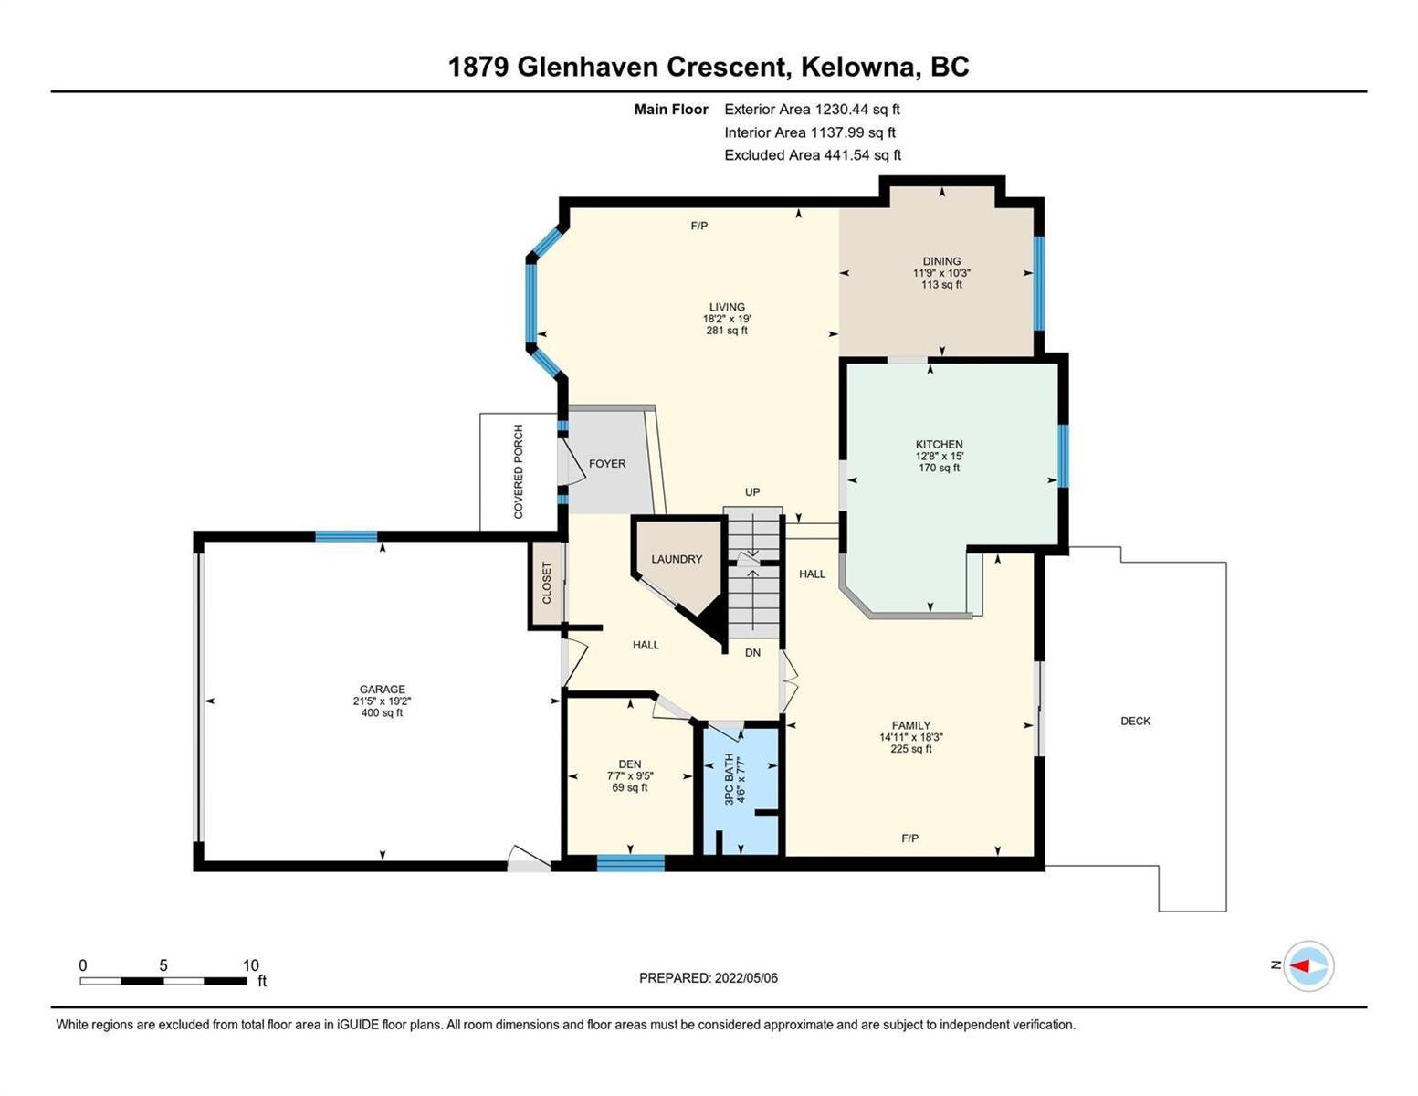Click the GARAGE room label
tap(382, 690)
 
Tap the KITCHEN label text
tap(939, 445)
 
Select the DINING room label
tap(941, 261)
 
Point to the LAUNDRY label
tap(677, 560)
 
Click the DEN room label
tap(630, 764)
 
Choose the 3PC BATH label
tap(730, 779)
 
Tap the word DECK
tap(1136, 722)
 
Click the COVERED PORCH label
tap(519, 472)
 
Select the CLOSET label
tap(547, 583)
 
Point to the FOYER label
tap(607, 464)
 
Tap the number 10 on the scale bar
tap(250, 965)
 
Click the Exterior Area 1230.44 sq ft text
tap(812, 110)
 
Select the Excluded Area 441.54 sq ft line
tap(813, 155)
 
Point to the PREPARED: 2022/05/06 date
tap(708, 978)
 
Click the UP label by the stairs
tap(752, 492)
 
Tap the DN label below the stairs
tap(752, 653)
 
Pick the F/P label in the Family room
tap(909, 838)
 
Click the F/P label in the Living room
tap(698, 226)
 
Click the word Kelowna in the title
tap(859, 67)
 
